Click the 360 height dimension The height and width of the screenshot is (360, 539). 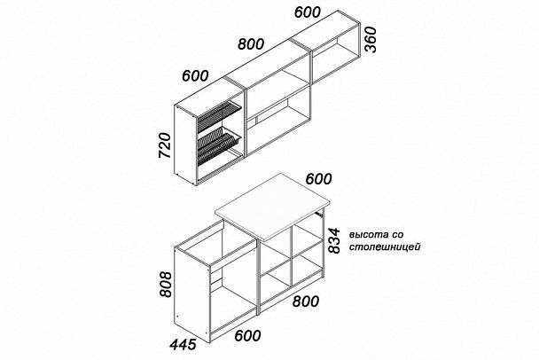pos(371,40)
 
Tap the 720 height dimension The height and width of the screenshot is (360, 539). pos(165,145)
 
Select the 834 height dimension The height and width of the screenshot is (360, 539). pos(334,240)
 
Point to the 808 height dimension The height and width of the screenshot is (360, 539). pos(166,285)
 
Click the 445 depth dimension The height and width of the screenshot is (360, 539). pos(184,344)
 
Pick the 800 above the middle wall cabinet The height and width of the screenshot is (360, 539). pos(251,44)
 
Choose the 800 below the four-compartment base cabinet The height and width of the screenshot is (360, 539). pos(306,301)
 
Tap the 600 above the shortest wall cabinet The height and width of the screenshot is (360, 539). pos(308,12)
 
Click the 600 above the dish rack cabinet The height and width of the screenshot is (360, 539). pos(195,75)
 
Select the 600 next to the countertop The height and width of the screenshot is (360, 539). pos(318,179)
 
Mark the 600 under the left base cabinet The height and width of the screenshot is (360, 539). pos(247,335)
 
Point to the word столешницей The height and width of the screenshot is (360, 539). pos(385,247)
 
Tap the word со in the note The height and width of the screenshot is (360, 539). pos(397,235)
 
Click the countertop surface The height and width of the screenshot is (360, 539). pos(272,206)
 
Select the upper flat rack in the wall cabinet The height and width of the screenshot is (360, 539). pos(217,115)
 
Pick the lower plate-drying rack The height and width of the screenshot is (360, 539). pos(219,145)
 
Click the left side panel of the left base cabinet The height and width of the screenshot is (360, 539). pos(192,293)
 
